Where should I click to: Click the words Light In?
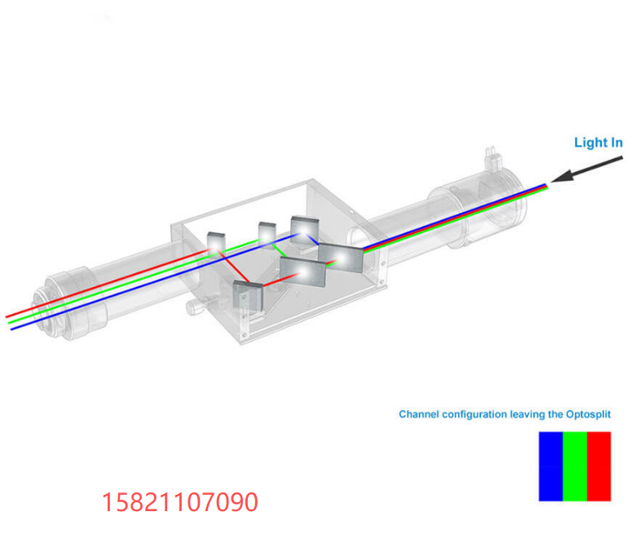point(598,143)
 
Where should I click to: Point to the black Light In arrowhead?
point(560,176)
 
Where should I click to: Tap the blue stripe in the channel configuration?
point(551,466)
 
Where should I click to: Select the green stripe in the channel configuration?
point(575,466)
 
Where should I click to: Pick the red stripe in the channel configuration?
point(598,466)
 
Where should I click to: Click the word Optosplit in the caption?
point(588,414)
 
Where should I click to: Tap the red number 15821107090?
point(179,502)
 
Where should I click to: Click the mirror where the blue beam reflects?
point(305,230)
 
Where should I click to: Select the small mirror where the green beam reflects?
point(267,233)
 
